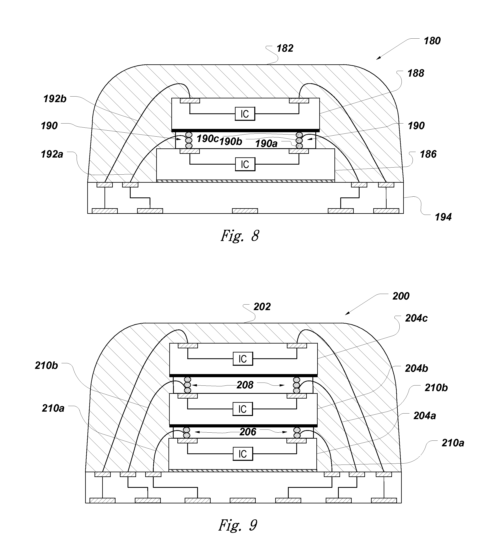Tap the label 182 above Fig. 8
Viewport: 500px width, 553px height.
coord(285,48)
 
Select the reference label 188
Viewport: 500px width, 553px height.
coord(416,73)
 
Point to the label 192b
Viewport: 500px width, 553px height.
coord(55,99)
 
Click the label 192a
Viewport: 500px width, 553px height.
coord(52,154)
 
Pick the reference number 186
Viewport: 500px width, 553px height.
coord(428,154)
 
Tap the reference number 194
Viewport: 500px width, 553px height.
coord(443,217)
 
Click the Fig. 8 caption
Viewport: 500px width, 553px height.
coord(240,236)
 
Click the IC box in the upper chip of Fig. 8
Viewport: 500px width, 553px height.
coord(245,114)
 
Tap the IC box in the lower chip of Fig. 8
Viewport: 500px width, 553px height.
coord(245,164)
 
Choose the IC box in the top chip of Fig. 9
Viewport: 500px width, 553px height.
coord(243,358)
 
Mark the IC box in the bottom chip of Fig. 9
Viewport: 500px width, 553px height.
coord(243,454)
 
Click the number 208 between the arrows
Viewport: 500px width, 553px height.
coord(245,385)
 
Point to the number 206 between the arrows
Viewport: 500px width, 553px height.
coord(248,432)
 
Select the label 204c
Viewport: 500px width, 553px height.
coord(416,318)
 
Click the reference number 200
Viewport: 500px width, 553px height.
coord(401,296)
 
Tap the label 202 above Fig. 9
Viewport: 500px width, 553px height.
coord(262,307)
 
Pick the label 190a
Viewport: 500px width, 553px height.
coord(266,144)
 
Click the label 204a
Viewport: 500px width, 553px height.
coord(425,416)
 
